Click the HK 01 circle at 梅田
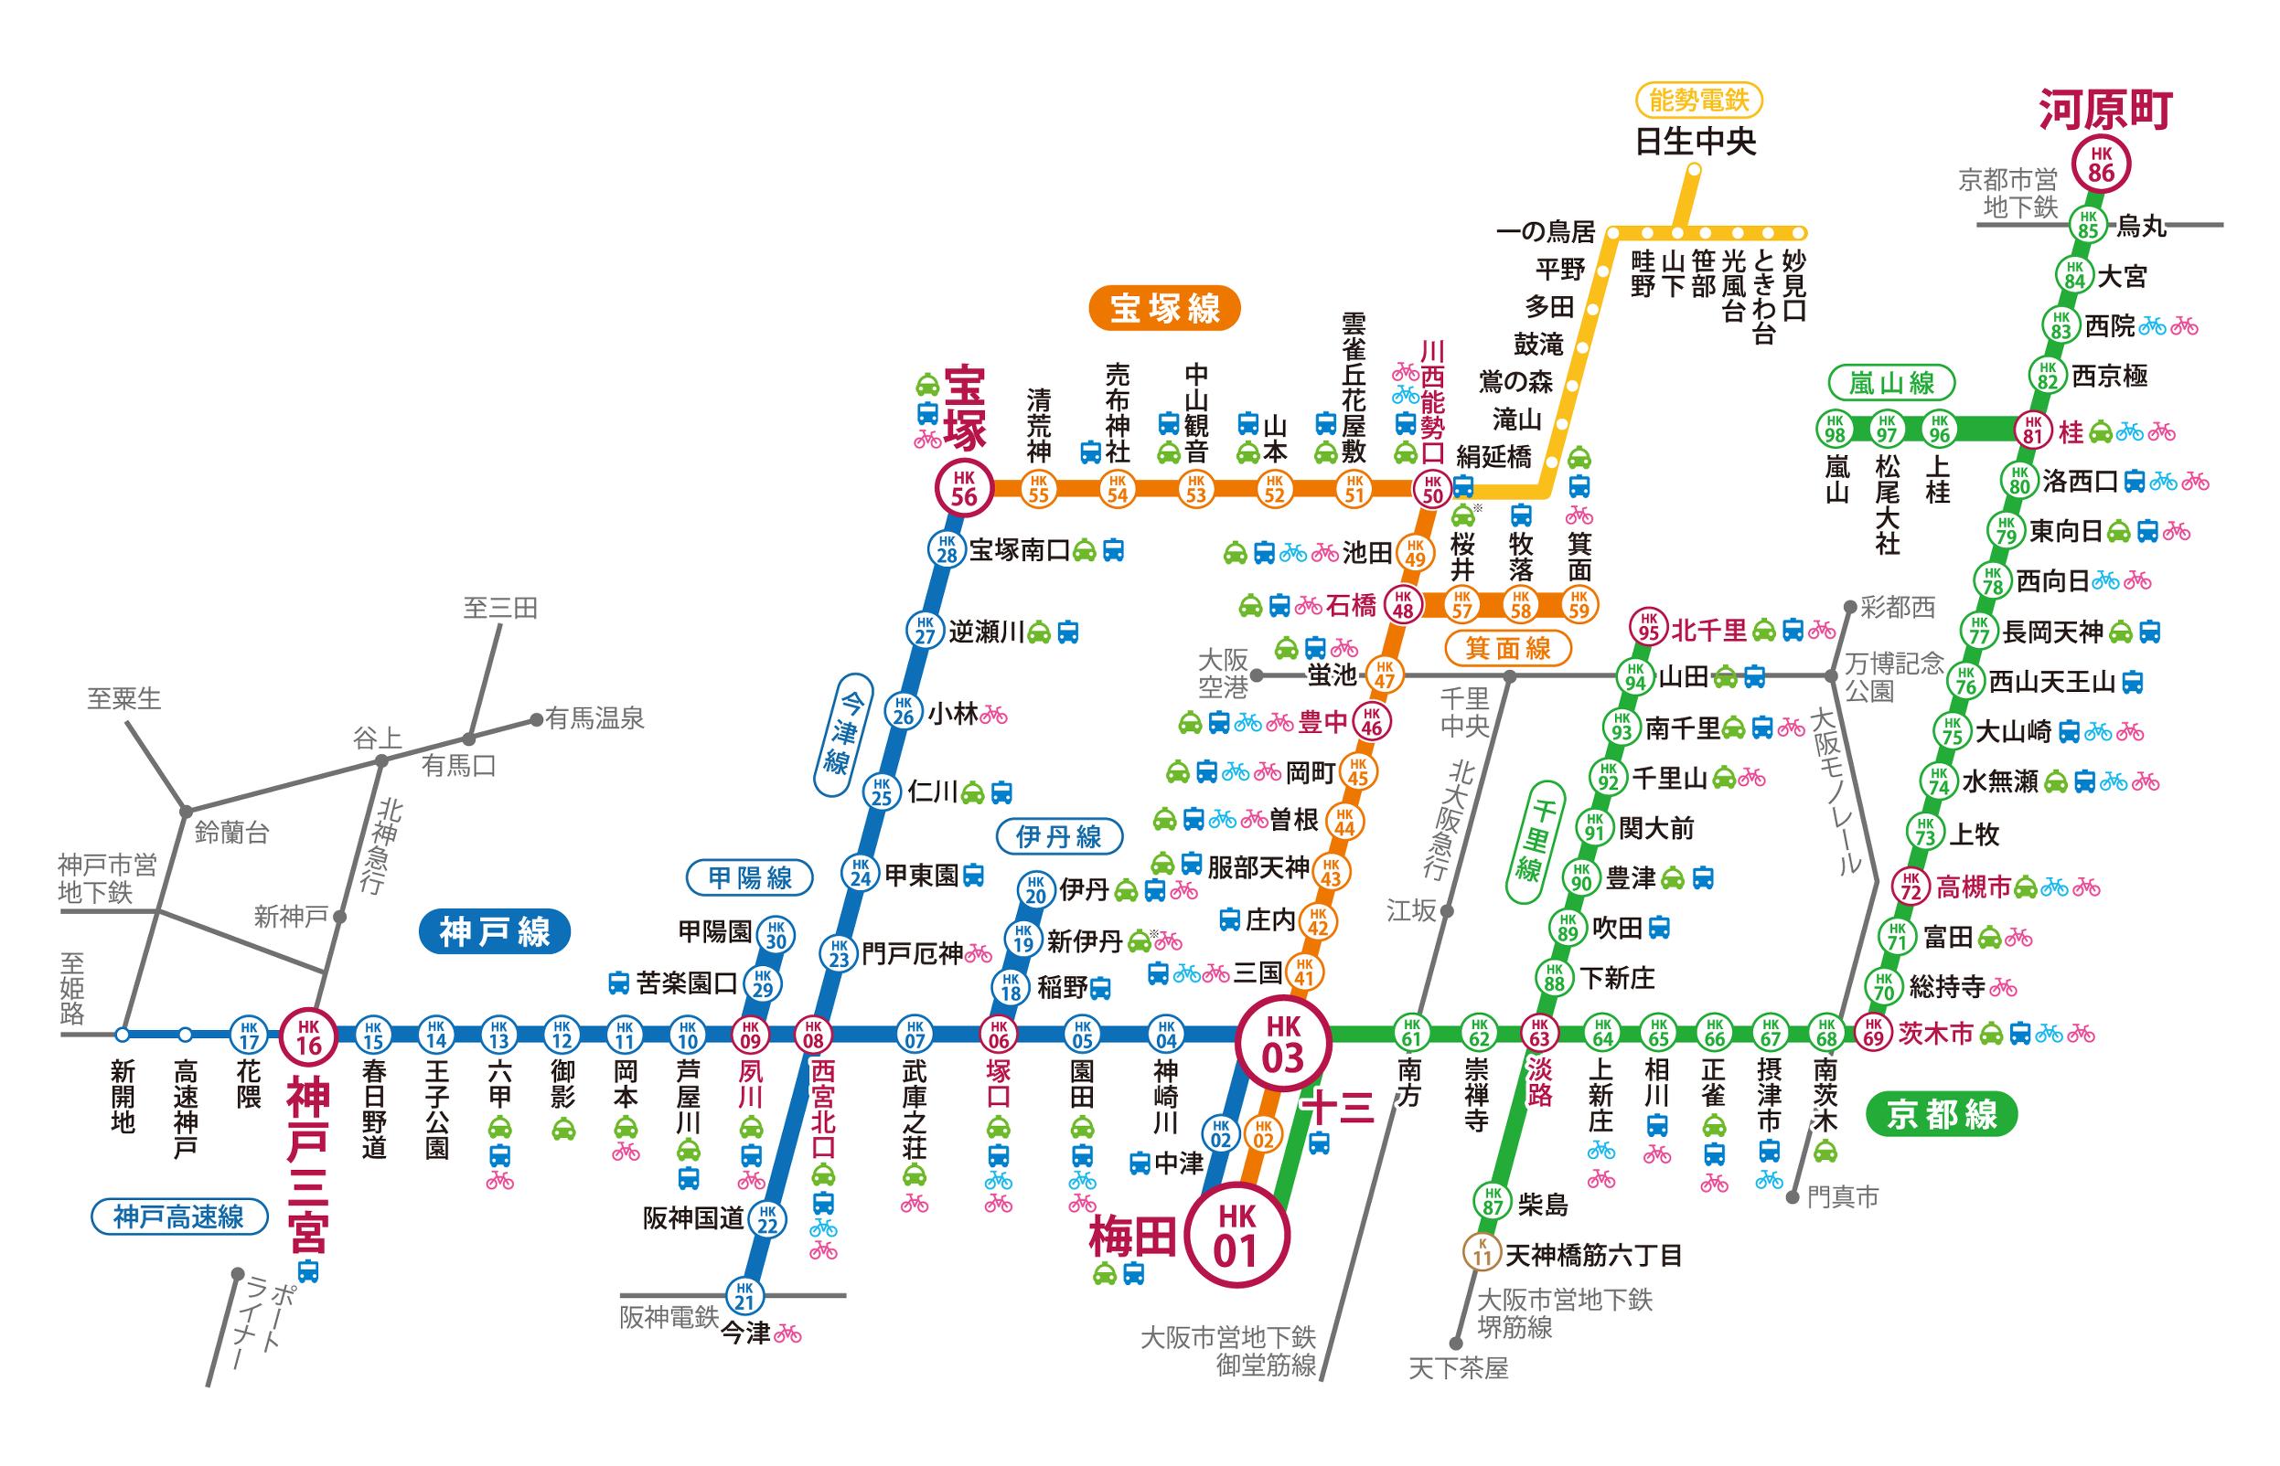click(1236, 1235)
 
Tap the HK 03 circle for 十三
click(1282, 1043)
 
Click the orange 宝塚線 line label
click(1165, 308)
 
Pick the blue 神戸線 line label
click(494, 932)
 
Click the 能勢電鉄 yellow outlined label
click(1699, 99)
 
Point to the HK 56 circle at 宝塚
click(964, 488)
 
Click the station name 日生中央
click(1696, 142)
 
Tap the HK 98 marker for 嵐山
click(1836, 429)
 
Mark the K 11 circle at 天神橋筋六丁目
click(1482, 1252)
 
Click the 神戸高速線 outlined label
click(179, 1216)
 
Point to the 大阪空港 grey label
click(1222, 673)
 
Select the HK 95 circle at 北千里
click(1649, 627)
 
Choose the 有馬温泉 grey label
click(595, 718)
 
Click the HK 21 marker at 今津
click(744, 1296)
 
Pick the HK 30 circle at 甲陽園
click(776, 935)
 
